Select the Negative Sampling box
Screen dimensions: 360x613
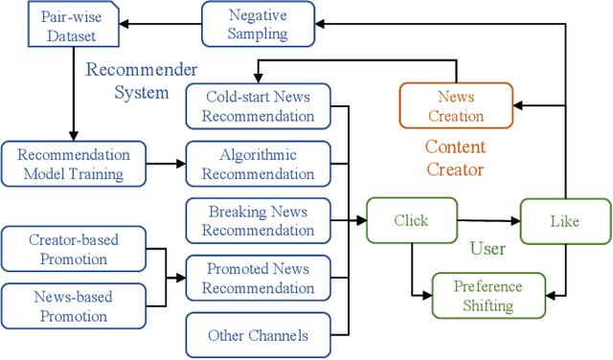(257, 25)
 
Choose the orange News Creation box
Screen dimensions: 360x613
(456, 106)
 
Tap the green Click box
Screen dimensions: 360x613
(411, 221)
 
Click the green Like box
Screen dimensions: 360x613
(564, 221)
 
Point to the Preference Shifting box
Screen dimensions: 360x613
(488, 296)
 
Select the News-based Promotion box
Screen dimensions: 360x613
(75, 307)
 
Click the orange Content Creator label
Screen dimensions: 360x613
(455, 159)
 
